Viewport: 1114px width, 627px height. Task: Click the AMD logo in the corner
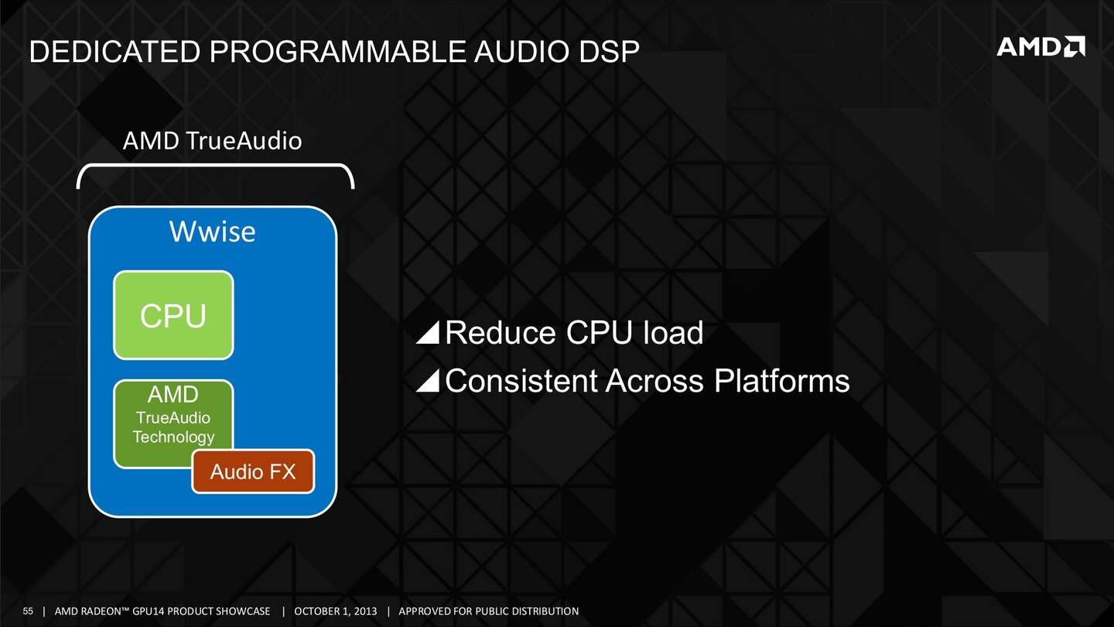(x=1040, y=47)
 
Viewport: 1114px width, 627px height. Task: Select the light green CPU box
(x=173, y=315)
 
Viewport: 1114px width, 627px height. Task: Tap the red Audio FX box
(x=253, y=471)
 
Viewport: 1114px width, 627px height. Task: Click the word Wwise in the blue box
(x=213, y=231)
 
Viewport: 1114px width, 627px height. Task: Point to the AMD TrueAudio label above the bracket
(x=213, y=142)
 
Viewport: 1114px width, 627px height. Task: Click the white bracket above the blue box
(x=215, y=166)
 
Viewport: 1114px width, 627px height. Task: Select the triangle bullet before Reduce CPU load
(x=428, y=333)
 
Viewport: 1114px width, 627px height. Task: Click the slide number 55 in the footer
(x=29, y=612)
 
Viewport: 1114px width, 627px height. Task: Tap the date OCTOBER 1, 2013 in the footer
(x=336, y=612)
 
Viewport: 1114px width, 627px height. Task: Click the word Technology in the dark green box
(x=173, y=437)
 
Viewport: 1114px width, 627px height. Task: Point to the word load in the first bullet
(x=675, y=333)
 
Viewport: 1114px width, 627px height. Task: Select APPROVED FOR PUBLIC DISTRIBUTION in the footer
(x=488, y=612)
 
